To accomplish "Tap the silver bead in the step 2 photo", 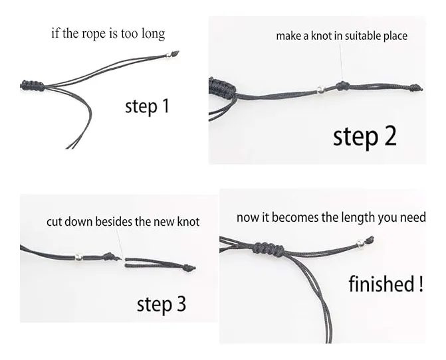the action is [x=321, y=90].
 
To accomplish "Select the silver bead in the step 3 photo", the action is [x=78, y=257].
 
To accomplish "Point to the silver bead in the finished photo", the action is [x=360, y=243].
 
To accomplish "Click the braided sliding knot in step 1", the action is [x=33, y=85].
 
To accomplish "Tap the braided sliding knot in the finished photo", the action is [x=269, y=248].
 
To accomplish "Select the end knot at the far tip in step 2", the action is [x=416, y=88].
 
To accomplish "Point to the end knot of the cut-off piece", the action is [x=189, y=268].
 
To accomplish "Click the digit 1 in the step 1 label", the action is [x=165, y=106].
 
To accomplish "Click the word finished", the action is [x=381, y=284].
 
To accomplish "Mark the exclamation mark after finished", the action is [x=421, y=284].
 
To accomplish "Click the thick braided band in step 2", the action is [x=222, y=87].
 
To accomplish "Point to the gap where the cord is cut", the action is [x=124, y=259].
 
